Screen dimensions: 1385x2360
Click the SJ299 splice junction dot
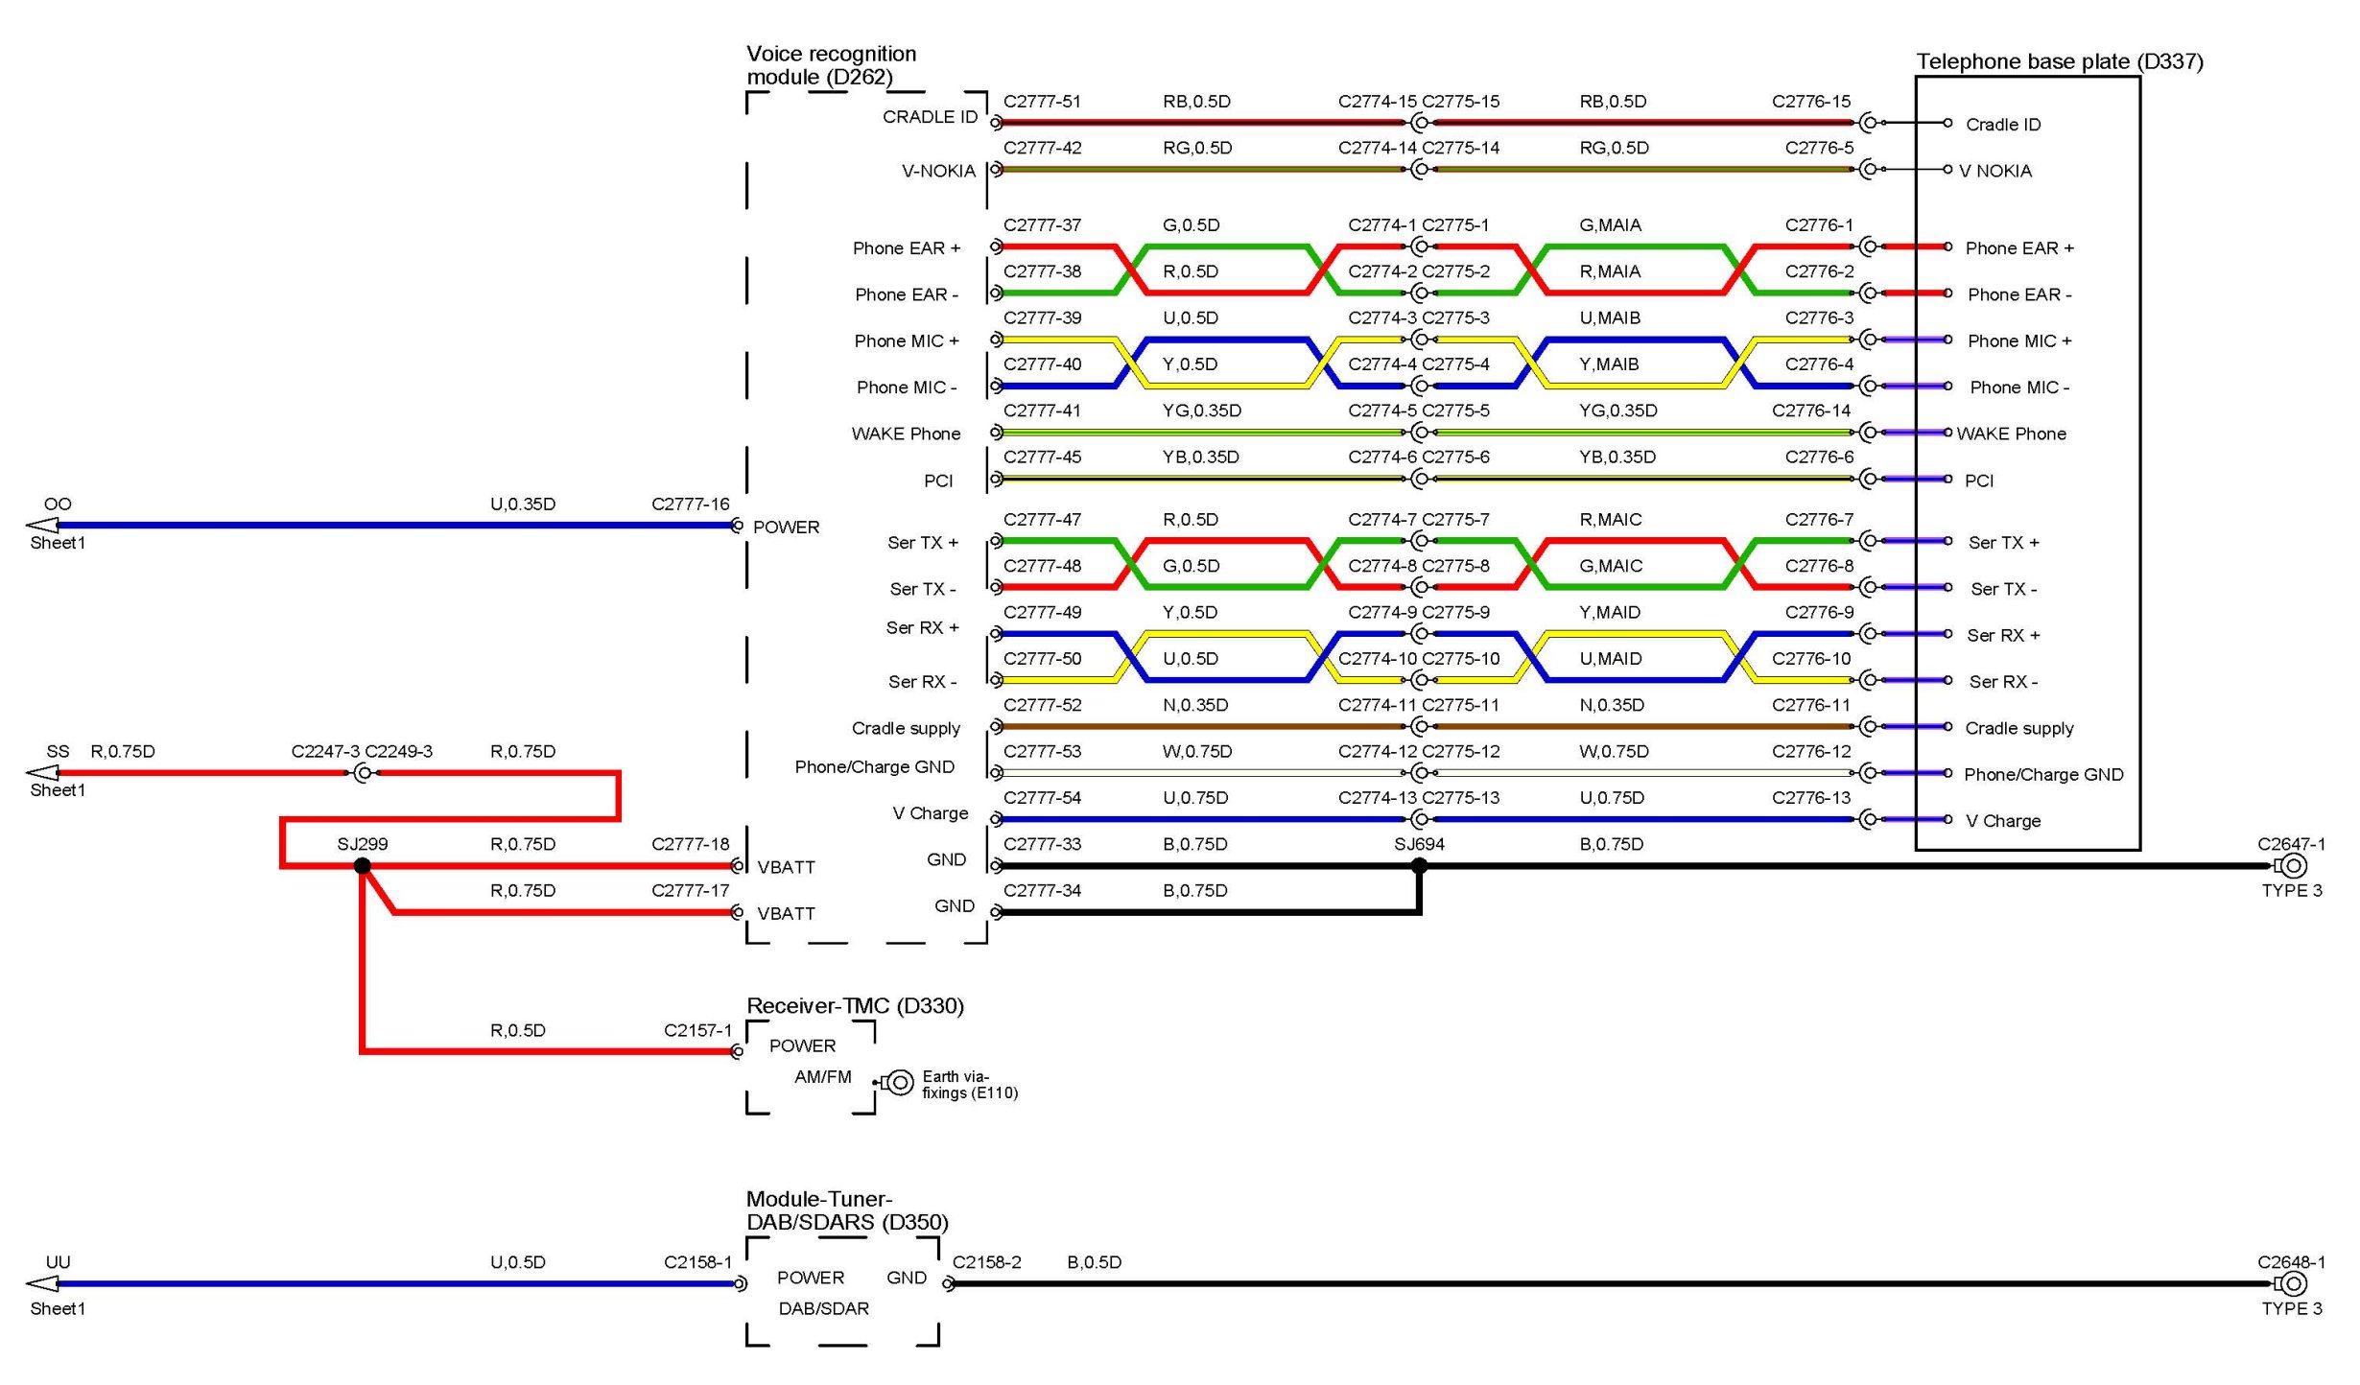(362, 866)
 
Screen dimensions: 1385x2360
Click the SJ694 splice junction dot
(1419, 866)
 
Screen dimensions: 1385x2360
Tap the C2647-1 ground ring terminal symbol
(2292, 866)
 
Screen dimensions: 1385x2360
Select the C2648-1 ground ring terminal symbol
(2292, 1283)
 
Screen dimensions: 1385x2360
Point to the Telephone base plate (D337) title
(2059, 61)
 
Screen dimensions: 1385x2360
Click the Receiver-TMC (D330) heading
(855, 1005)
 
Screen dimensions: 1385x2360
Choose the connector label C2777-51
(1042, 102)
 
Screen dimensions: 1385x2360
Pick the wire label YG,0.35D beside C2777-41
(1201, 411)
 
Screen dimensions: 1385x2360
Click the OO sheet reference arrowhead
(42, 525)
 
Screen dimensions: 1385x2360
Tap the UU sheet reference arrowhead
(42, 1283)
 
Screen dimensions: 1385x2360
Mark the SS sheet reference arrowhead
(42, 772)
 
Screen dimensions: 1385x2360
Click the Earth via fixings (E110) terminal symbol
(898, 1083)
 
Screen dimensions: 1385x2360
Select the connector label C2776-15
(1811, 102)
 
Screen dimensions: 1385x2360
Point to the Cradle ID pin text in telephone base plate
(2003, 125)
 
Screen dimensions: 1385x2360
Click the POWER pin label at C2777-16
(786, 528)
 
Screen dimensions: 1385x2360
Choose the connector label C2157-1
(697, 1030)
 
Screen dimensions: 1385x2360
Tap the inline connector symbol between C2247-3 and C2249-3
(363, 773)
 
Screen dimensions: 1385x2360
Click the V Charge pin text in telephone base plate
(2003, 821)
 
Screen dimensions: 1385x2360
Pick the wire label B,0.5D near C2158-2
(1094, 1262)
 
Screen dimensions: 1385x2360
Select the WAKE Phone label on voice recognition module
(906, 434)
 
